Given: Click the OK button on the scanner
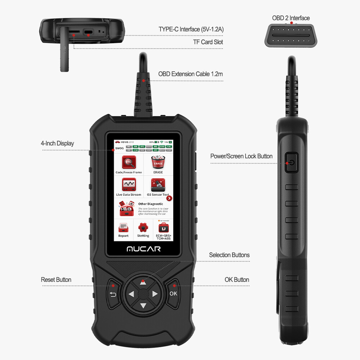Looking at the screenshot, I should (x=173, y=293).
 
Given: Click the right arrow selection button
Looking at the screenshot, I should (x=155, y=294).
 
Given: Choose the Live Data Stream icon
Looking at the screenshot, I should (x=129, y=185).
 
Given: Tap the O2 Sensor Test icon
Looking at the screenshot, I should (x=158, y=185).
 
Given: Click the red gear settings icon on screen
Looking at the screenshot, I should (x=143, y=227).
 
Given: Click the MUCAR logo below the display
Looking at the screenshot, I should (x=143, y=249).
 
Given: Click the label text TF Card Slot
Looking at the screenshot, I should (x=208, y=42).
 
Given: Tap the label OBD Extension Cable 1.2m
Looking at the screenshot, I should (x=190, y=74).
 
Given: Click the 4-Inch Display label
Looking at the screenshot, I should (x=57, y=143).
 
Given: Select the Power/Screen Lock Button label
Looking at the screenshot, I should (x=241, y=156).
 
